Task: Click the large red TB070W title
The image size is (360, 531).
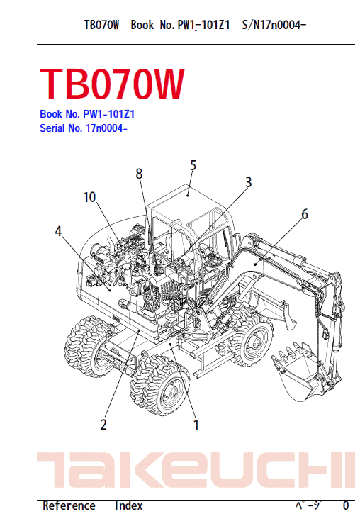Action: tap(112, 84)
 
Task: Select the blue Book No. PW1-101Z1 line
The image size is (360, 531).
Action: tap(87, 114)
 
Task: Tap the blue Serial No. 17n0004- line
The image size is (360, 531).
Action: tap(84, 128)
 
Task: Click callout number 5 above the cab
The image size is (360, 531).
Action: tap(193, 165)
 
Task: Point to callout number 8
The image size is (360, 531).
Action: tap(139, 174)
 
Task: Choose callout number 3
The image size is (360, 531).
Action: tap(249, 182)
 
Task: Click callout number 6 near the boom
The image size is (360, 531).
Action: tap(305, 214)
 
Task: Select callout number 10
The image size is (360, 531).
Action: tap(89, 197)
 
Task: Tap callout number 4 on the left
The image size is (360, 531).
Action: tap(58, 231)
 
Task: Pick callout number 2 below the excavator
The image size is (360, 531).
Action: tap(103, 425)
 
